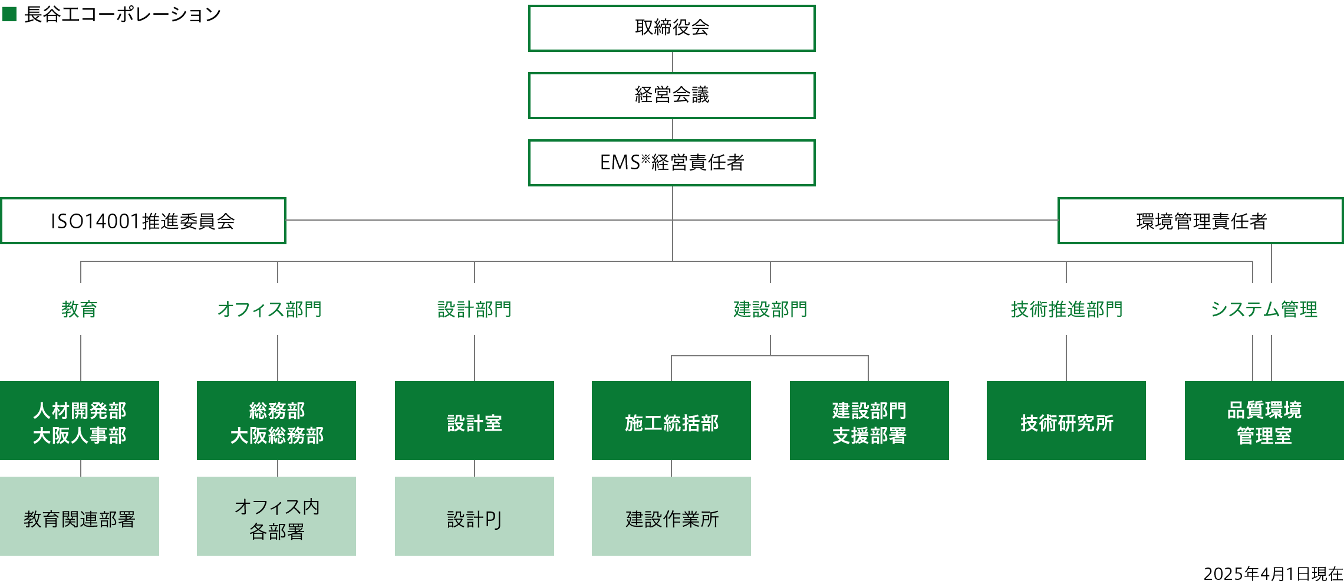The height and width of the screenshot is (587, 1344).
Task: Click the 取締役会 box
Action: click(671, 28)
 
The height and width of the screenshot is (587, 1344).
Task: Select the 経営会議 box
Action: click(671, 96)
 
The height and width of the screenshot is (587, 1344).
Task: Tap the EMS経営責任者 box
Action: click(671, 163)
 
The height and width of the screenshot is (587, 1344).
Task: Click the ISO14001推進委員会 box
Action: click(143, 221)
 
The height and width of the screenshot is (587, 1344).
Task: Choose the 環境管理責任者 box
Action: click(1200, 221)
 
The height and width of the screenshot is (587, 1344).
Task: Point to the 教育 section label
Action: click(80, 309)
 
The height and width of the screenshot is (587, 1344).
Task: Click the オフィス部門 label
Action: click(270, 309)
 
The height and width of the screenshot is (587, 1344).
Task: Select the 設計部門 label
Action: click(475, 309)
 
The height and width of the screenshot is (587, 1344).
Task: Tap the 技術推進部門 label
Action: click(1066, 309)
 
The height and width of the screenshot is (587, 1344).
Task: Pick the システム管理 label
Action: click(1264, 309)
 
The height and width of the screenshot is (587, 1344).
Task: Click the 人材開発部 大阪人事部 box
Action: click(80, 421)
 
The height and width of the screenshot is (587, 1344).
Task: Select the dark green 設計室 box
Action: click(475, 421)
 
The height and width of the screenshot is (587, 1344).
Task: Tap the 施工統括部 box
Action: click(671, 421)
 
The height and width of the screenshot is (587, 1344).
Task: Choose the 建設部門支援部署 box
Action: click(869, 421)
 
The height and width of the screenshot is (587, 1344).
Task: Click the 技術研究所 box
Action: click(1066, 421)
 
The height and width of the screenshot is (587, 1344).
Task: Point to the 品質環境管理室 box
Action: click(1264, 421)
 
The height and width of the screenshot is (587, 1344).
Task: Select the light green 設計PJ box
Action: click(475, 516)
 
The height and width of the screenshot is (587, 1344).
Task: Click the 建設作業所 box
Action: click(671, 516)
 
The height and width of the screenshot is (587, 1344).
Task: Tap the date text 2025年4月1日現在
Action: click(1273, 573)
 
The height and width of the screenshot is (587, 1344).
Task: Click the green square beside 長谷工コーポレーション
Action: click(9, 14)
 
